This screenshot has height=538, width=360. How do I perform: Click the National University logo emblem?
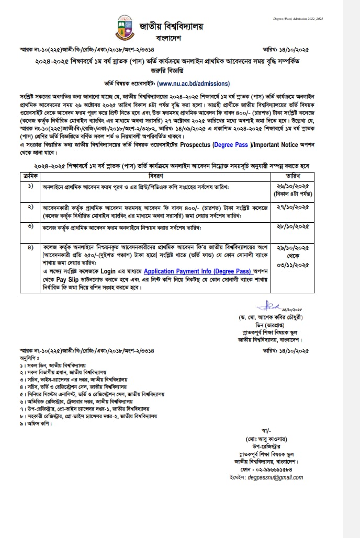coord(124,28)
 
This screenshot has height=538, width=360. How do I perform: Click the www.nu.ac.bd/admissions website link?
coord(193,83)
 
